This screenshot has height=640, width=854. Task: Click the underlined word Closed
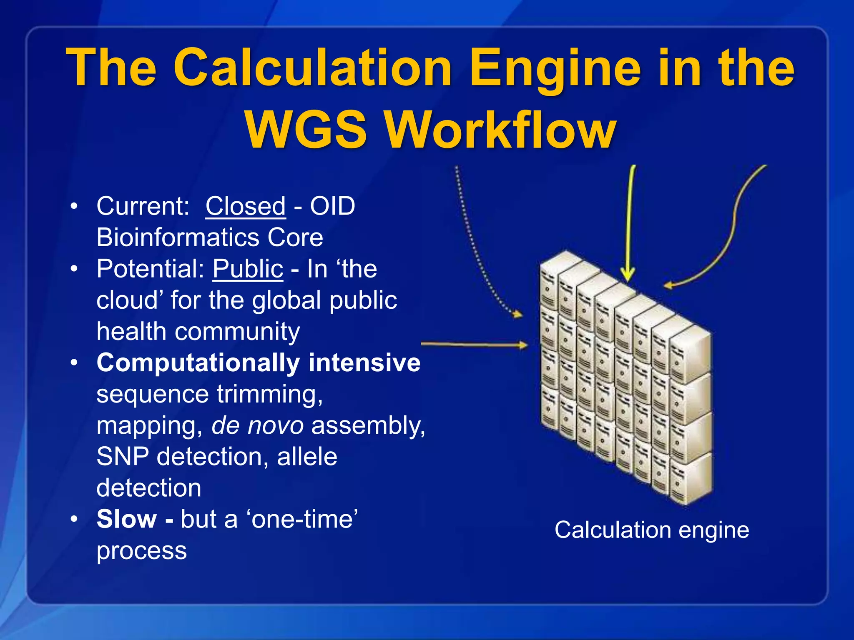[x=245, y=206]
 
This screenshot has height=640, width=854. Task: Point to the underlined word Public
[x=248, y=269]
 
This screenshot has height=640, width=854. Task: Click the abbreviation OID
[x=332, y=206]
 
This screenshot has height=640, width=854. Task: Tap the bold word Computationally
[x=198, y=362]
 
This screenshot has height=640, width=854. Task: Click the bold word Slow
[x=126, y=519]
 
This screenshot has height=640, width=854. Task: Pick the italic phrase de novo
[x=257, y=425]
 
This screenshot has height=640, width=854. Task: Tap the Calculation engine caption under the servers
[x=651, y=530]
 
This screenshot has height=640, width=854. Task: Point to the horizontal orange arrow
[x=473, y=345]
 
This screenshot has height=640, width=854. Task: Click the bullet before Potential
[x=74, y=269]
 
